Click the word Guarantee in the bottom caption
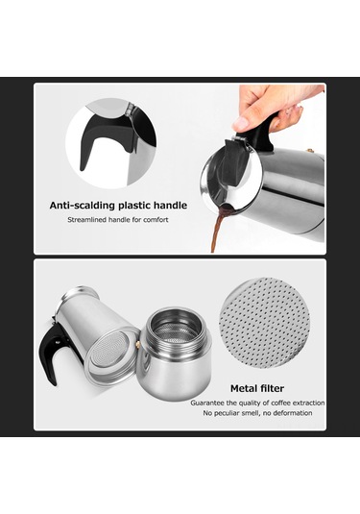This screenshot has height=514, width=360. point(209,403)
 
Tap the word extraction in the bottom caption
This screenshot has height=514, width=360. point(304,403)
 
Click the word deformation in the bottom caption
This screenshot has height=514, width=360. point(291,413)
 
